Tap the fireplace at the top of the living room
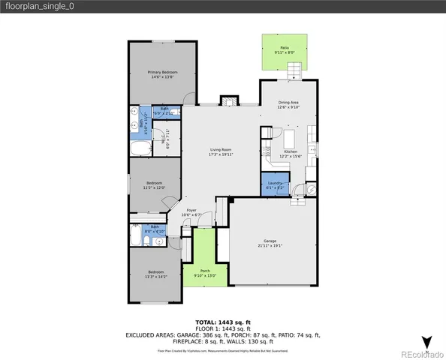click(226, 101)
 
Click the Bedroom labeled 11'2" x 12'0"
click(154, 185)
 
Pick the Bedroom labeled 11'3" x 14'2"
click(155, 273)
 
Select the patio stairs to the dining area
click(295, 71)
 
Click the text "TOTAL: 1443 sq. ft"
click(222, 320)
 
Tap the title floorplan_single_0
click(38, 7)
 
